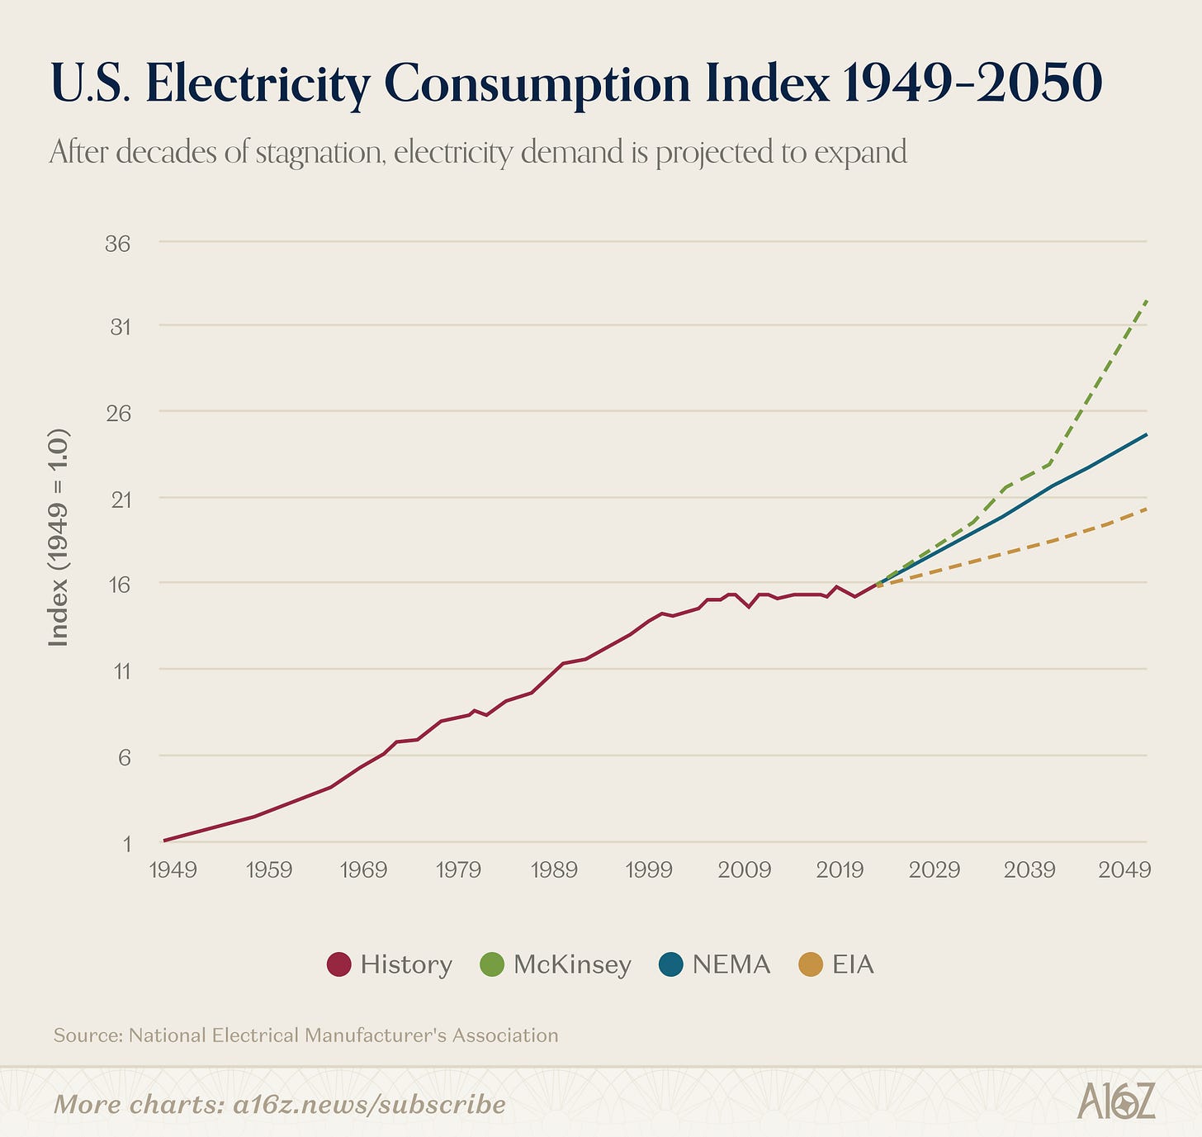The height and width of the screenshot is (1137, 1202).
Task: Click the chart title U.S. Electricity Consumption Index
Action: pyautogui.click(x=575, y=84)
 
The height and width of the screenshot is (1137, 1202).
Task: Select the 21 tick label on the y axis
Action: pyautogui.click(x=121, y=499)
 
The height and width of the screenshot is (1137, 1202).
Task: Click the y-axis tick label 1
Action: pyautogui.click(x=126, y=843)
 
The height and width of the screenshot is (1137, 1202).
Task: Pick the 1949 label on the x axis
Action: pyautogui.click(x=173, y=869)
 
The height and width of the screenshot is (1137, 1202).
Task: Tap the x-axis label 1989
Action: pyautogui.click(x=554, y=869)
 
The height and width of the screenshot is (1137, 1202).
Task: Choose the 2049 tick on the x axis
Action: pyautogui.click(x=1124, y=869)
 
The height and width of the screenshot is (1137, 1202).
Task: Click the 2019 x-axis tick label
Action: pyautogui.click(x=839, y=869)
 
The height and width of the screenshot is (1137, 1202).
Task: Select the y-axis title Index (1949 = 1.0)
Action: pyautogui.click(x=59, y=537)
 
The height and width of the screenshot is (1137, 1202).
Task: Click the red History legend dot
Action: pyautogui.click(x=339, y=964)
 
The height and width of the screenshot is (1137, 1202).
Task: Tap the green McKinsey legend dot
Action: pyautogui.click(x=491, y=964)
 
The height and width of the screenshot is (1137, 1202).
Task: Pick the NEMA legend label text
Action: pyautogui.click(x=731, y=964)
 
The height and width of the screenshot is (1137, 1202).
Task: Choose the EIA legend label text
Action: pyautogui.click(x=853, y=964)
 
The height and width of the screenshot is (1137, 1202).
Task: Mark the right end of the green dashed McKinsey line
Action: pyautogui.click(x=1147, y=302)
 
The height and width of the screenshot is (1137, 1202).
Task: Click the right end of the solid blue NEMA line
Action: pyautogui.click(x=1146, y=434)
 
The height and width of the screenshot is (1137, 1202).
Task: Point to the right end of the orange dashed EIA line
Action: pyautogui.click(x=1146, y=509)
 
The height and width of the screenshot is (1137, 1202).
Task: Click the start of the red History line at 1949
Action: pyautogui.click(x=165, y=841)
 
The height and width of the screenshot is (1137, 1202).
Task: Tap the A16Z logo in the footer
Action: pyautogui.click(x=1116, y=1101)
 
